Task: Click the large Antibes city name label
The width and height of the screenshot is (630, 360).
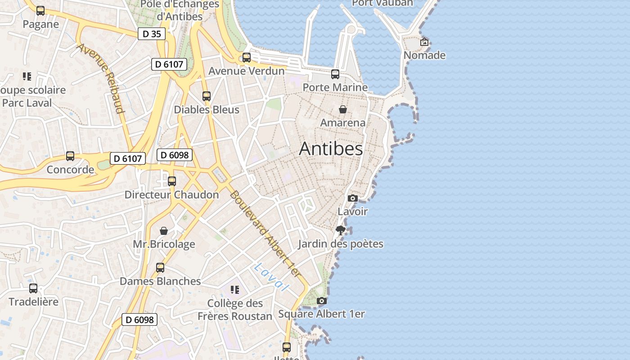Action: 331,148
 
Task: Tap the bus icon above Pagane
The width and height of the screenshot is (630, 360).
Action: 40,11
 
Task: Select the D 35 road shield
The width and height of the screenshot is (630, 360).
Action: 152,34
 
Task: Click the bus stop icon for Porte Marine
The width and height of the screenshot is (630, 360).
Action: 335,74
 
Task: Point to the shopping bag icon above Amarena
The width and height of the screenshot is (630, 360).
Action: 343,109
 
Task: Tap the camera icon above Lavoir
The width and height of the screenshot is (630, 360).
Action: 353,198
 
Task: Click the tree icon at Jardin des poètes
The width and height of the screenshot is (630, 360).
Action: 341,231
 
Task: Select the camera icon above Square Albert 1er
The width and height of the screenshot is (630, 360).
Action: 321,301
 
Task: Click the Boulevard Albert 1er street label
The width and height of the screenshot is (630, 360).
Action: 265,234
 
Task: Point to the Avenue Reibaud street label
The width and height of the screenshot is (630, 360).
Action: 101,78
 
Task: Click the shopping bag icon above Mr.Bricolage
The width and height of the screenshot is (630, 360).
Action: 164,231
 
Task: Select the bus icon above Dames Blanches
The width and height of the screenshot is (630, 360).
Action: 160,268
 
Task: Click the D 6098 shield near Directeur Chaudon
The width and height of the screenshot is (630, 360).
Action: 175,155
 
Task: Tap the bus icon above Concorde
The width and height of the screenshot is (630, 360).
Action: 70,156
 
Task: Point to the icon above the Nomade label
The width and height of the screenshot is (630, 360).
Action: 424,42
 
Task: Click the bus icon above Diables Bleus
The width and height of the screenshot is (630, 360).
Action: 207,96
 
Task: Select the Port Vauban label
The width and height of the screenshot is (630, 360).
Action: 382,3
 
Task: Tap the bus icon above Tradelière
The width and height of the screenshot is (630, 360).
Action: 33,288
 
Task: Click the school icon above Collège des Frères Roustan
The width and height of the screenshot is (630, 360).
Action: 234,289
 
